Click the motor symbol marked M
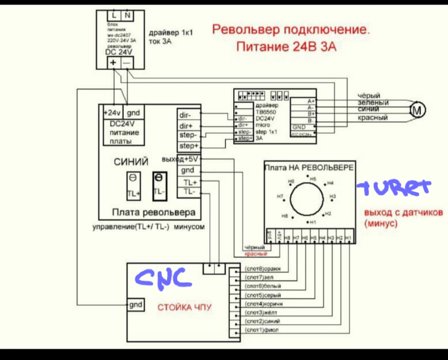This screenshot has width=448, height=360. tap(418, 110)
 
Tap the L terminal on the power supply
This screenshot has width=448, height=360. tap(114, 16)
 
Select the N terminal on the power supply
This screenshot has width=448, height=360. tap(127, 16)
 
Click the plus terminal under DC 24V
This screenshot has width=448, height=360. tap(113, 63)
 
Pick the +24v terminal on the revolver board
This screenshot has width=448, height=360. tap(111, 113)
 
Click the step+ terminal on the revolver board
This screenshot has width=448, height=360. tap(188, 146)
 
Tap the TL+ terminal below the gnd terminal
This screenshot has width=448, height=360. tap(188, 182)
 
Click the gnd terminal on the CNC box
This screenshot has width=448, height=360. tap(136, 305)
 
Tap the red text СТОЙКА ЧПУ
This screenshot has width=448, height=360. tap(184, 307)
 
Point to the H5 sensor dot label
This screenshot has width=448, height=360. tap(313, 179)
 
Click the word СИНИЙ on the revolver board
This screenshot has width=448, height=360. tap(131, 162)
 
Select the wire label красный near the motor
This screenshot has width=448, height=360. tap(373, 118)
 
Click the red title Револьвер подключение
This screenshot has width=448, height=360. tap(291, 30)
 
